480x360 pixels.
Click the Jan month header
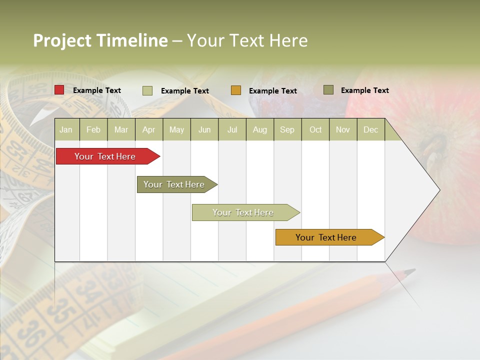pyautogui.click(x=66, y=130)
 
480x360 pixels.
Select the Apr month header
pyautogui.click(x=148, y=130)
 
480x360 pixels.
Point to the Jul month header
pyautogui.click(x=232, y=130)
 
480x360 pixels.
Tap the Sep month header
pyautogui.click(x=287, y=130)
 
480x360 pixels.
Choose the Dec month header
pyautogui.click(x=370, y=130)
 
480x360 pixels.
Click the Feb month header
pyautogui.click(x=93, y=130)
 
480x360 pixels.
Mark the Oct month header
pyautogui.click(x=315, y=130)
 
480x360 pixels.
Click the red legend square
pyautogui.click(x=59, y=90)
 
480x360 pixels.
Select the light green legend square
pyautogui.click(x=147, y=90)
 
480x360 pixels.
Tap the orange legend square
pyautogui.click(x=236, y=90)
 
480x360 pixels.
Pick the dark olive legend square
pyautogui.click(x=328, y=90)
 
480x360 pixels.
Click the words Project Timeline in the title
pyautogui.click(x=100, y=40)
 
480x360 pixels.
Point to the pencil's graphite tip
pyautogui.click(x=411, y=271)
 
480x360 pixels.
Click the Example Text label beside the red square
pyautogui.click(x=97, y=90)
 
